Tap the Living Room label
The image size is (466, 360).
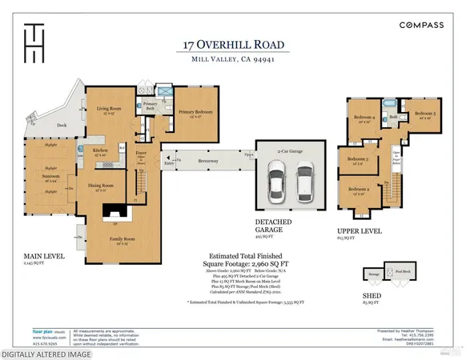point(109,108)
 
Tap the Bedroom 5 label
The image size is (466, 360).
point(425,113)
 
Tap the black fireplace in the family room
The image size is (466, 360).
point(113,211)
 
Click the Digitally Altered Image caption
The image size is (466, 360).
point(46,353)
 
